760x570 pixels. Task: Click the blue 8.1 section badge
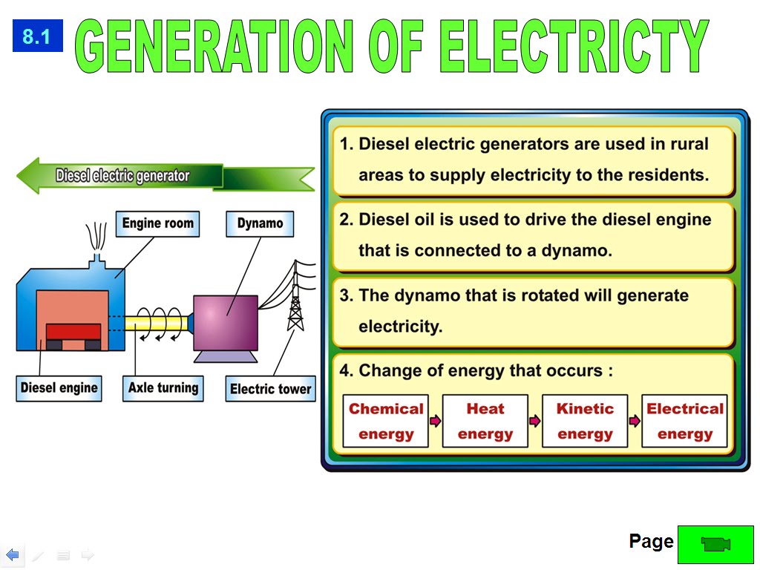pyautogui.click(x=37, y=36)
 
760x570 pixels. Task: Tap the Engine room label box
pyautogui.click(x=157, y=223)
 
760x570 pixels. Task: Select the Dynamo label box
pyautogui.click(x=260, y=223)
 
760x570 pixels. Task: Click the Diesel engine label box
pyautogui.click(x=59, y=388)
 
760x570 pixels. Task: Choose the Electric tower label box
pyautogui.click(x=270, y=389)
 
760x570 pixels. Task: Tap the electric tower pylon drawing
pyautogui.click(x=296, y=301)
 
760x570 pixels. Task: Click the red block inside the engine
pyautogui.click(x=73, y=331)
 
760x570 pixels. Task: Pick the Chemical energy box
pyautogui.click(x=386, y=421)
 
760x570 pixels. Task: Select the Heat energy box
pyautogui.click(x=485, y=421)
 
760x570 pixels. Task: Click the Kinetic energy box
pyautogui.click(x=585, y=421)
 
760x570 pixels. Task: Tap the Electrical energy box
pyautogui.click(x=684, y=421)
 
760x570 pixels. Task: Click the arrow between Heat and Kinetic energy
pyautogui.click(x=535, y=421)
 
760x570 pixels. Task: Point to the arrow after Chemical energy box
pyautogui.click(x=436, y=421)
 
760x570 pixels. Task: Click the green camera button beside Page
pyautogui.click(x=715, y=544)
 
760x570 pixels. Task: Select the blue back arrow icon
pyautogui.click(x=13, y=554)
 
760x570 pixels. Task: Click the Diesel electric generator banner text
pyautogui.click(x=122, y=177)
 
